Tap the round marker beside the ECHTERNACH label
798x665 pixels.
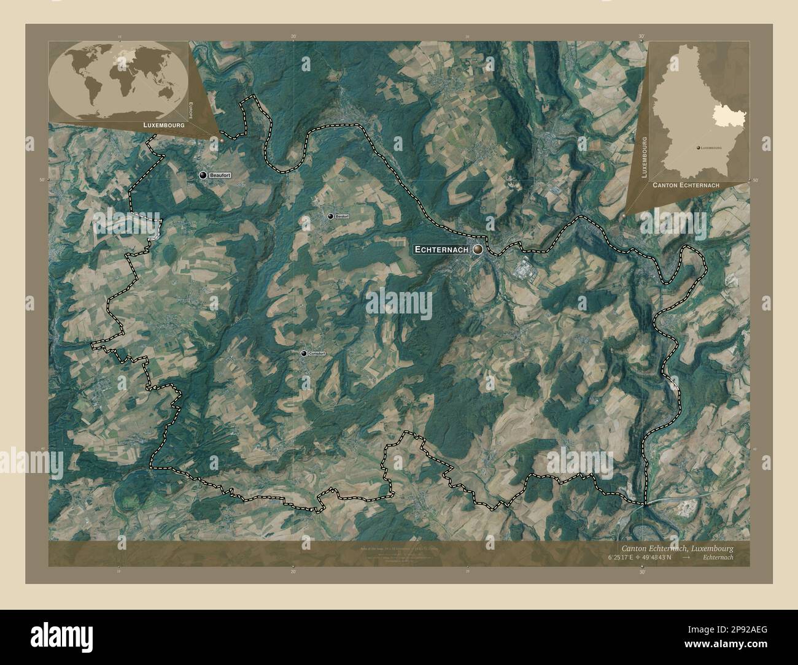tap(478, 250)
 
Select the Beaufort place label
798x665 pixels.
tap(221, 175)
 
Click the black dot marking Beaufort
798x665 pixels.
tap(203, 175)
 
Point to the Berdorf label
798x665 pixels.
tap(341, 217)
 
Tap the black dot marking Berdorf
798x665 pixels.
tap(330, 217)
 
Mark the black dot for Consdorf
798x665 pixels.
tap(304, 354)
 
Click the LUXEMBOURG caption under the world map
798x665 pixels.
tap(164, 124)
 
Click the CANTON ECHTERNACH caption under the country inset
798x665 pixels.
tap(686, 184)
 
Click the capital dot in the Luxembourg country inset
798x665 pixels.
tap(697, 148)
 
